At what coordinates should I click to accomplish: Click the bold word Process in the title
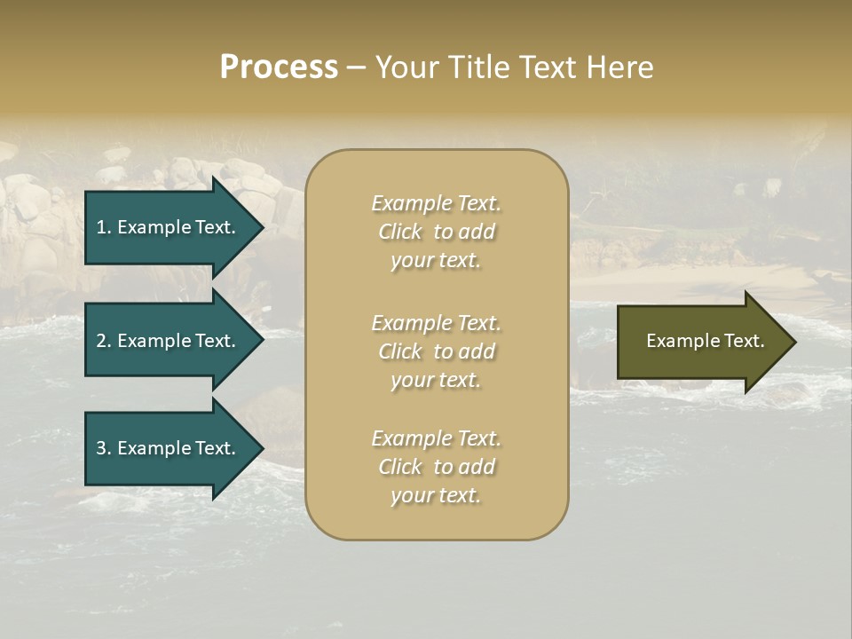(279, 67)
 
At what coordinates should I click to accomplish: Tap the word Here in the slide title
(620, 67)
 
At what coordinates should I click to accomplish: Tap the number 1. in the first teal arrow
(104, 227)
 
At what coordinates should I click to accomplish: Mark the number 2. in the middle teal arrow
(104, 341)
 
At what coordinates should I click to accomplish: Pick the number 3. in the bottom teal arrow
(104, 448)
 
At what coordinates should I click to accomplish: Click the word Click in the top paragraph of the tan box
(400, 232)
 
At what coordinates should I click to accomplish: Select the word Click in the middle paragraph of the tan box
(400, 351)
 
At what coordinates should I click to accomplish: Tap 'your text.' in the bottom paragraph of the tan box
(436, 496)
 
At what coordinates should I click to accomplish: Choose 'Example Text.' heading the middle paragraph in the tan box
(436, 322)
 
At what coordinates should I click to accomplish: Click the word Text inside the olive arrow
(740, 341)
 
